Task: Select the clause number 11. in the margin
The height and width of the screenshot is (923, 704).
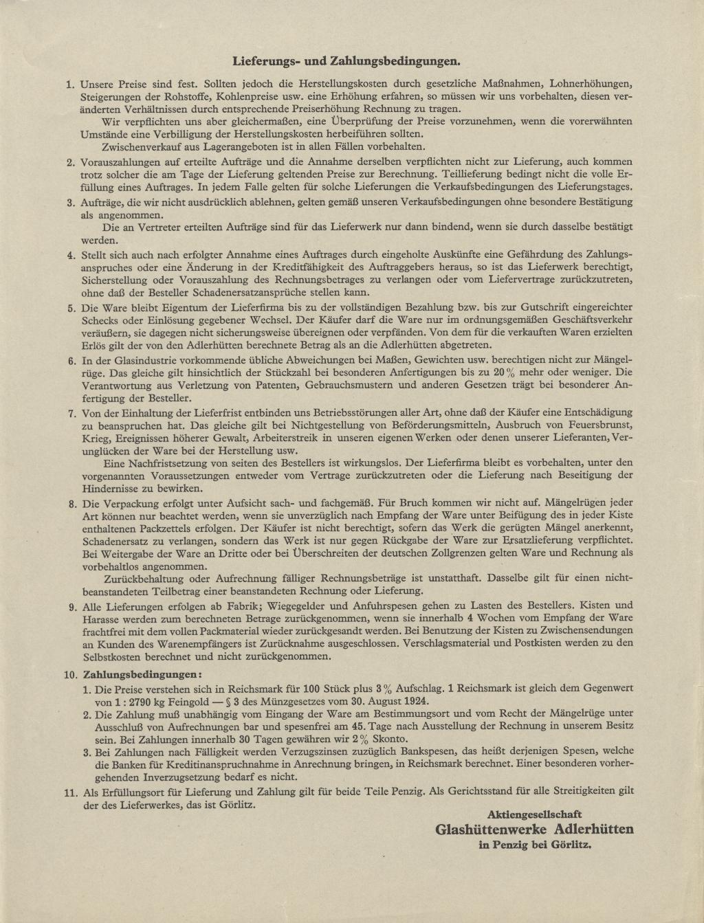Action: (x=69, y=792)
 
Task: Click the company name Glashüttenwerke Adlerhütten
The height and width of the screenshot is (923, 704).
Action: (x=534, y=829)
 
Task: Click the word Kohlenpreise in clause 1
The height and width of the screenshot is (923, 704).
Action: (x=247, y=97)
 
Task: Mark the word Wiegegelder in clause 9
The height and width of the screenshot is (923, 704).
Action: (x=288, y=606)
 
